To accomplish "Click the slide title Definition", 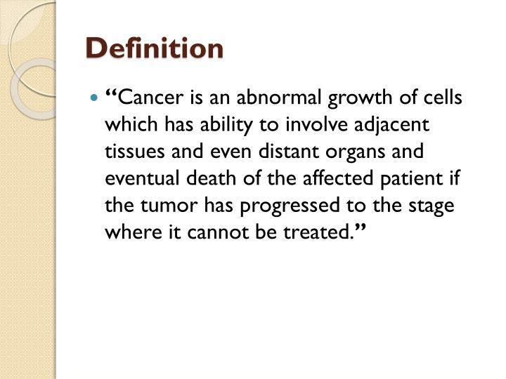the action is [x=154, y=48].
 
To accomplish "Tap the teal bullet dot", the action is [x=94, y=98].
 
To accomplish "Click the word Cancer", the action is [x=150, y=97].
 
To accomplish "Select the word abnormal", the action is [x=279, y=97].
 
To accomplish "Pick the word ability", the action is [x=226, y=126].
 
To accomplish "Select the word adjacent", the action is [x=391, y=126].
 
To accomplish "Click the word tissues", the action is [x=134, y=151].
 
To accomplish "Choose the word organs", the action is [x=355, y=153].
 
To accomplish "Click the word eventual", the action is [x=142, y=178].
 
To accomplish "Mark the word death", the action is [x=211, y=178].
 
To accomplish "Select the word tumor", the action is [x=169, y=205].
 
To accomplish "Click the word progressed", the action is [x=290, y=206].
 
